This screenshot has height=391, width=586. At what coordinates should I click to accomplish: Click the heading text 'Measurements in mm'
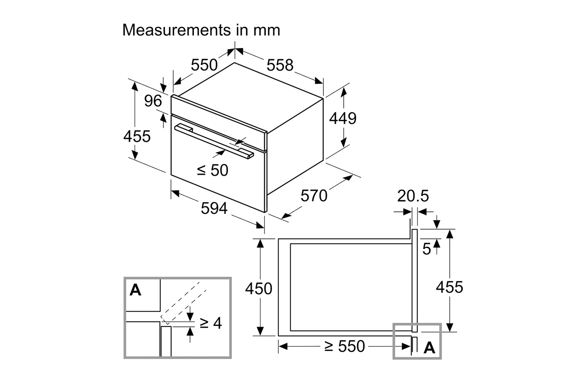[x=201, y=30]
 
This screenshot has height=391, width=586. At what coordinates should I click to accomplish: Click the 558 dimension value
[x=280, y=65]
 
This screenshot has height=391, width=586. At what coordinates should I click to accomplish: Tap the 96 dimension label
[x=153, y=101]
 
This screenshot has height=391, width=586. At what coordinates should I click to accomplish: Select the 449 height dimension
[x=343, y=118]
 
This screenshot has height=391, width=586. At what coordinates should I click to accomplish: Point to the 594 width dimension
[x=214, y=208]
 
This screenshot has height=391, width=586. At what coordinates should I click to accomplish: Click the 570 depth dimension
[x=314, y=195]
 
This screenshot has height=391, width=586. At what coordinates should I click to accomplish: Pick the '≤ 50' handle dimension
[x=213, y=170]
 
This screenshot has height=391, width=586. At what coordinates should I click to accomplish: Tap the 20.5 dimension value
[x=413, y=196]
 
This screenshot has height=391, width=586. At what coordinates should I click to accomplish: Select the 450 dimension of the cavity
[x=259, y=289]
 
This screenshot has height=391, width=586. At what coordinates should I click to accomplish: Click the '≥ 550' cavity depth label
[x=344, y=346]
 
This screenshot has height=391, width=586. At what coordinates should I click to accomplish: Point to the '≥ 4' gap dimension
[x=211, y=323]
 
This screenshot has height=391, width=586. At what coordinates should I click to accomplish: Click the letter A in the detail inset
[x=136, y=290]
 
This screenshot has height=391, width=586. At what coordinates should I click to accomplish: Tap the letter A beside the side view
[x=429, y=347]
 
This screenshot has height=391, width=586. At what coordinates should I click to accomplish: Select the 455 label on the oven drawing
[x=137, y=136]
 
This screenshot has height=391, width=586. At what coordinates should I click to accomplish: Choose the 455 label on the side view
[x=449, y=287]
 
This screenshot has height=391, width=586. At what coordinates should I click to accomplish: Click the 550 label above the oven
[x=204, y=65]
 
